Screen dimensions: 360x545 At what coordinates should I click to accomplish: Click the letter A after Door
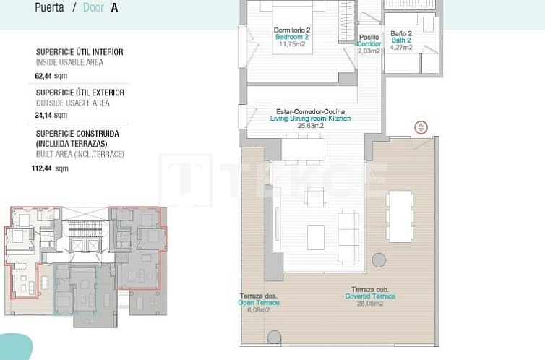(115, 8)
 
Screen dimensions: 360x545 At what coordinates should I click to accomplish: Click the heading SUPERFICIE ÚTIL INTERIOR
(80, 52)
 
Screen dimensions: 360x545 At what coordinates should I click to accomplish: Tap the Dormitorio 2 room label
(292, 30)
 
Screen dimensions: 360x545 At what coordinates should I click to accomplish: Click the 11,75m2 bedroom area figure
(292, 44)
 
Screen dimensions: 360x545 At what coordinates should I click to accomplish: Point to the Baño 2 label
(401, 33)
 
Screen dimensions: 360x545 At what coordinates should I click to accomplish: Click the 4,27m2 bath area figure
(401, 48)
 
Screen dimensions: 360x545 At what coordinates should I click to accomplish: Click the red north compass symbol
(420, 128)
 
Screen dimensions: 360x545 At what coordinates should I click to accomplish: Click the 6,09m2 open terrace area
(259, 309)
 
